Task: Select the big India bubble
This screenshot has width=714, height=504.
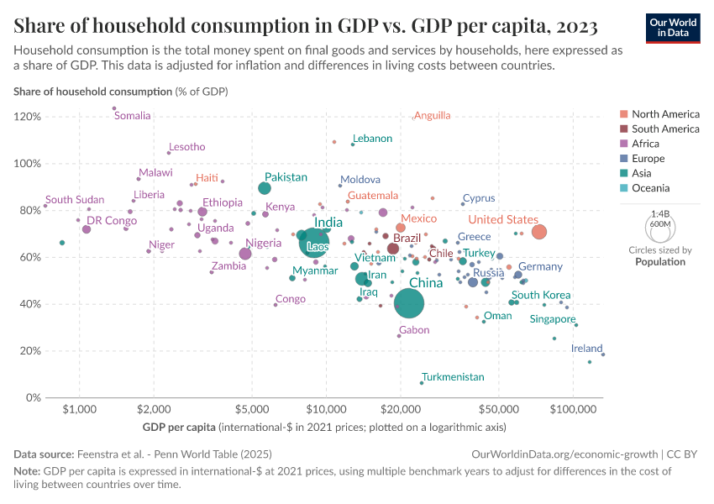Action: click(x=312, y=242)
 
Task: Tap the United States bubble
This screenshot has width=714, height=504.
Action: click(x=539, y=232)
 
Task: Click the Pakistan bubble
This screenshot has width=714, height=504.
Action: click(x=265, y=188)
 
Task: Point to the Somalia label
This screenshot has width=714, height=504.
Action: click(x=132, y=116)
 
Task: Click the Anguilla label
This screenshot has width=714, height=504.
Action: click(x=433, y=115)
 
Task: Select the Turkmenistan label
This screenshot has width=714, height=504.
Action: click(x=453, y=377)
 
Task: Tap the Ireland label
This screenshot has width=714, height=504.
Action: click(x=586, y=348)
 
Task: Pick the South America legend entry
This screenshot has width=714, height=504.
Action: click(x=665, y=129)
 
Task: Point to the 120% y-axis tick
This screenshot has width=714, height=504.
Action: click(x=29, y=117)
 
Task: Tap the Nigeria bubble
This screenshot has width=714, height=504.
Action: click(x=245, y=254)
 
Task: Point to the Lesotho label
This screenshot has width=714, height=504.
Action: click(x=186, y=147)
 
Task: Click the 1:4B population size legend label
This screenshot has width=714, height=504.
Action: click(x=660, y=214)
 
